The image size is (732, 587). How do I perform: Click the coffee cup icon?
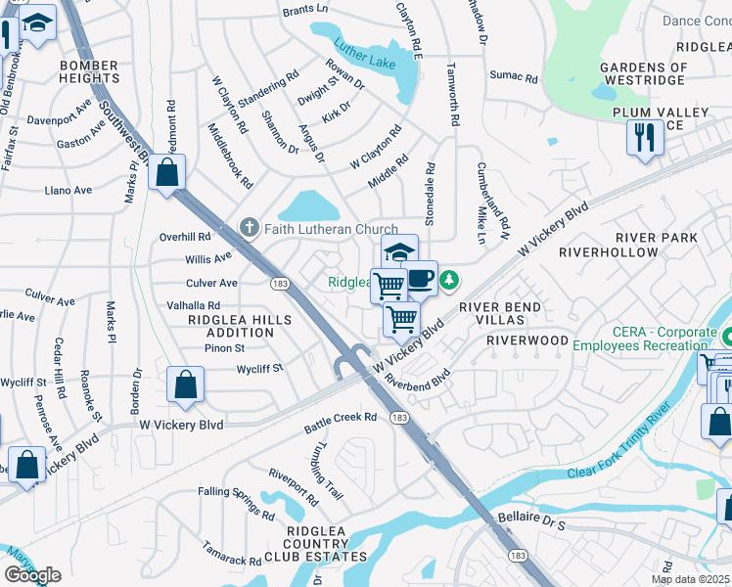(x=420, y=277)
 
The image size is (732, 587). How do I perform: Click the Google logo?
(x=32, y=574)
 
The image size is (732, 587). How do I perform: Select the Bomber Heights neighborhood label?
(x=89, y=72)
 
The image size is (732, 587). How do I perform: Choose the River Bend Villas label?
(x=514, y=314)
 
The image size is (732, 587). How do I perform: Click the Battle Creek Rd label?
(x=341, y=418)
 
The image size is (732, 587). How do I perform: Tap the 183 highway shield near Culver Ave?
(x=278, y=283)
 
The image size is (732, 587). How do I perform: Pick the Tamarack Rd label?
(x=232, y=555)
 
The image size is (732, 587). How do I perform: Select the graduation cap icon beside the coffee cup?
(x=399, y=251)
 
